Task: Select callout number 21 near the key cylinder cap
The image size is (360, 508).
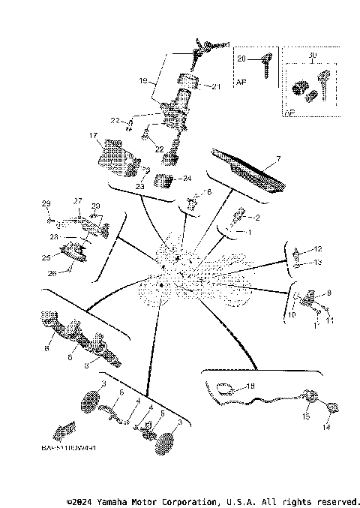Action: pyautogui.click(x=217, y=87)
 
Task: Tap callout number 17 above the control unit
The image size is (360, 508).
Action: pyautogui.click(x=94, y=136)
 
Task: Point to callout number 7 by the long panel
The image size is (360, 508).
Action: pyautogui.click(x=277, y=159)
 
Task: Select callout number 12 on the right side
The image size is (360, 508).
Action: pyautogui.click(x=317, y=248)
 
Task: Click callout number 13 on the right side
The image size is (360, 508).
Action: pyautogui.click(x=317, y=262)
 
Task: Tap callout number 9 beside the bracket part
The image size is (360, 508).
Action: pyautogui.click(x=328, y=293)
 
